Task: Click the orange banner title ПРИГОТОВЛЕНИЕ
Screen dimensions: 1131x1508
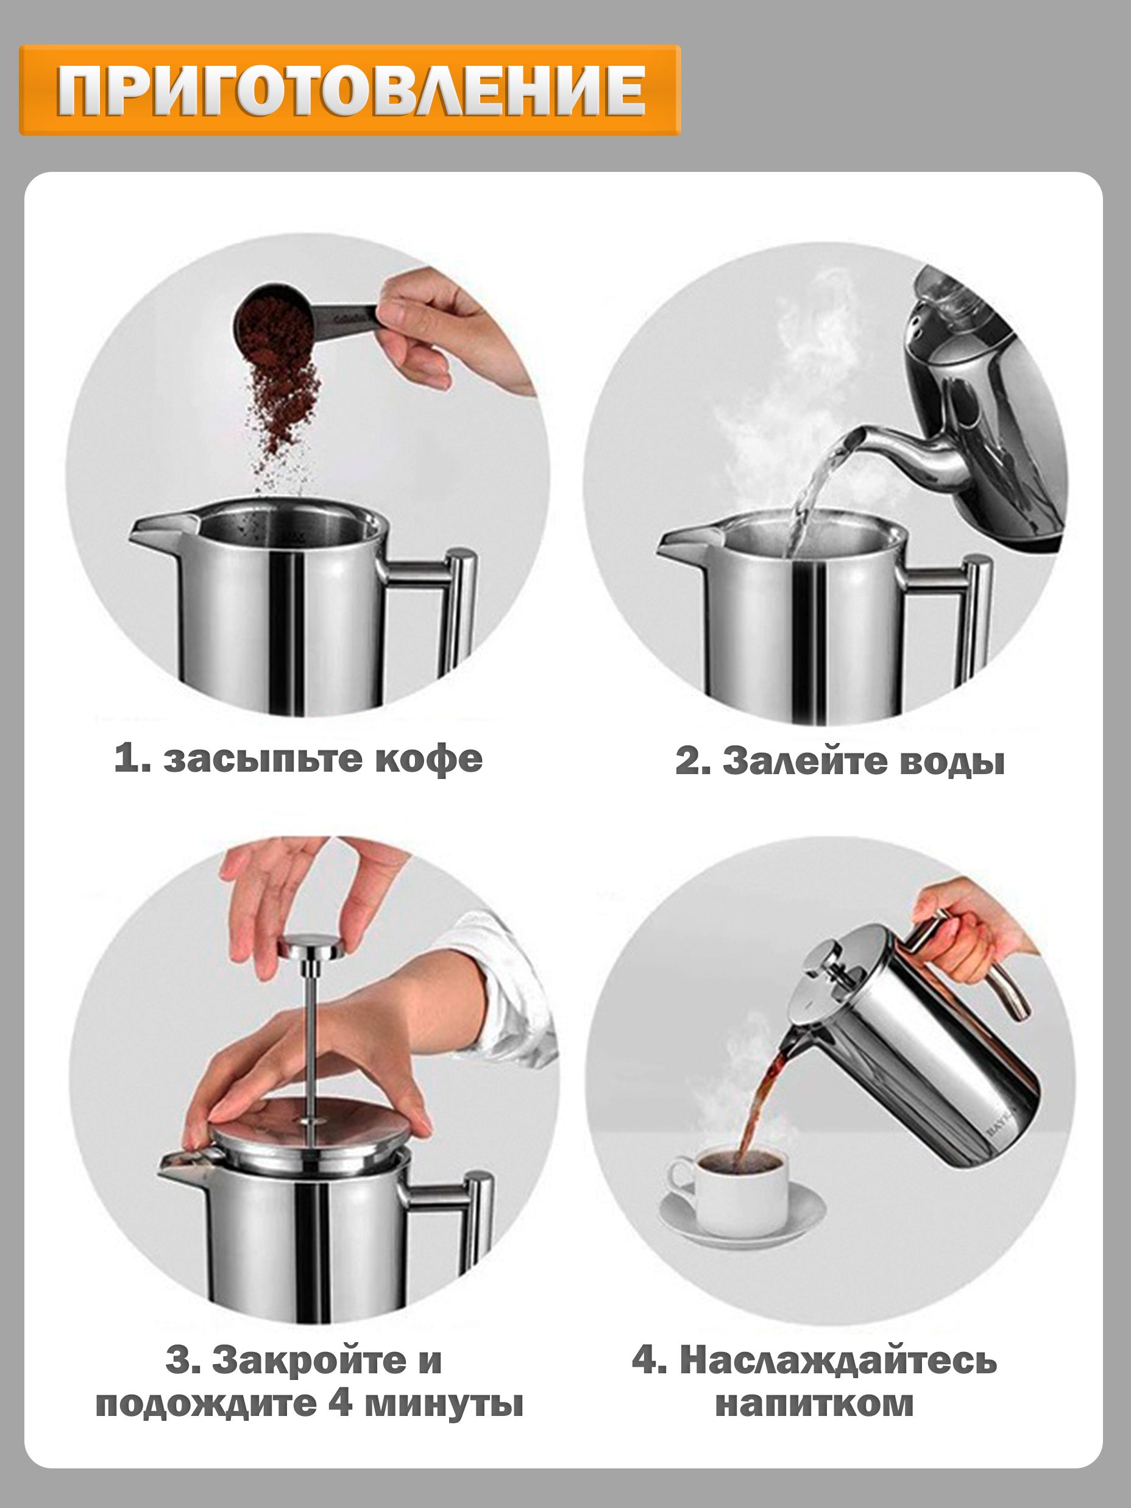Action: tap(351, 91)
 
